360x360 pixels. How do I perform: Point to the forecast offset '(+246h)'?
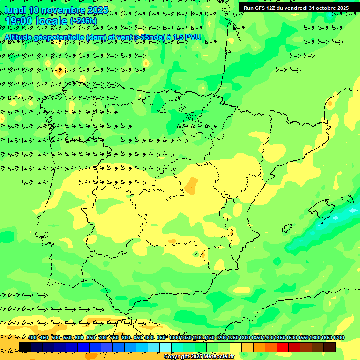[83, 21]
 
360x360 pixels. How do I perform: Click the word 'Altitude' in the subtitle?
[21, 37]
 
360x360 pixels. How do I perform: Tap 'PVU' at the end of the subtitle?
[193, 37]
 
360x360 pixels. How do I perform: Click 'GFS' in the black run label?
[263, 8]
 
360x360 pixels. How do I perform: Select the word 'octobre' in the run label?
[324, 8]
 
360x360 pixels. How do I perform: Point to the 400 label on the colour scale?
[32, 338]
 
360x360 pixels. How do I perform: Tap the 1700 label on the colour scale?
[338, 338]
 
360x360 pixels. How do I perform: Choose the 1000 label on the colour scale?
[174, 338]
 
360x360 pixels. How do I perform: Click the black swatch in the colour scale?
[25, 347]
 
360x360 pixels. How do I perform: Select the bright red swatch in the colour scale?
[283, 347]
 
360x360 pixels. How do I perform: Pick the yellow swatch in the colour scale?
[236, 347]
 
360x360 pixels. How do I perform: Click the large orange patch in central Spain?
[191, 186]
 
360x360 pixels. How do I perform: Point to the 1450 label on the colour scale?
[280, 338]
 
